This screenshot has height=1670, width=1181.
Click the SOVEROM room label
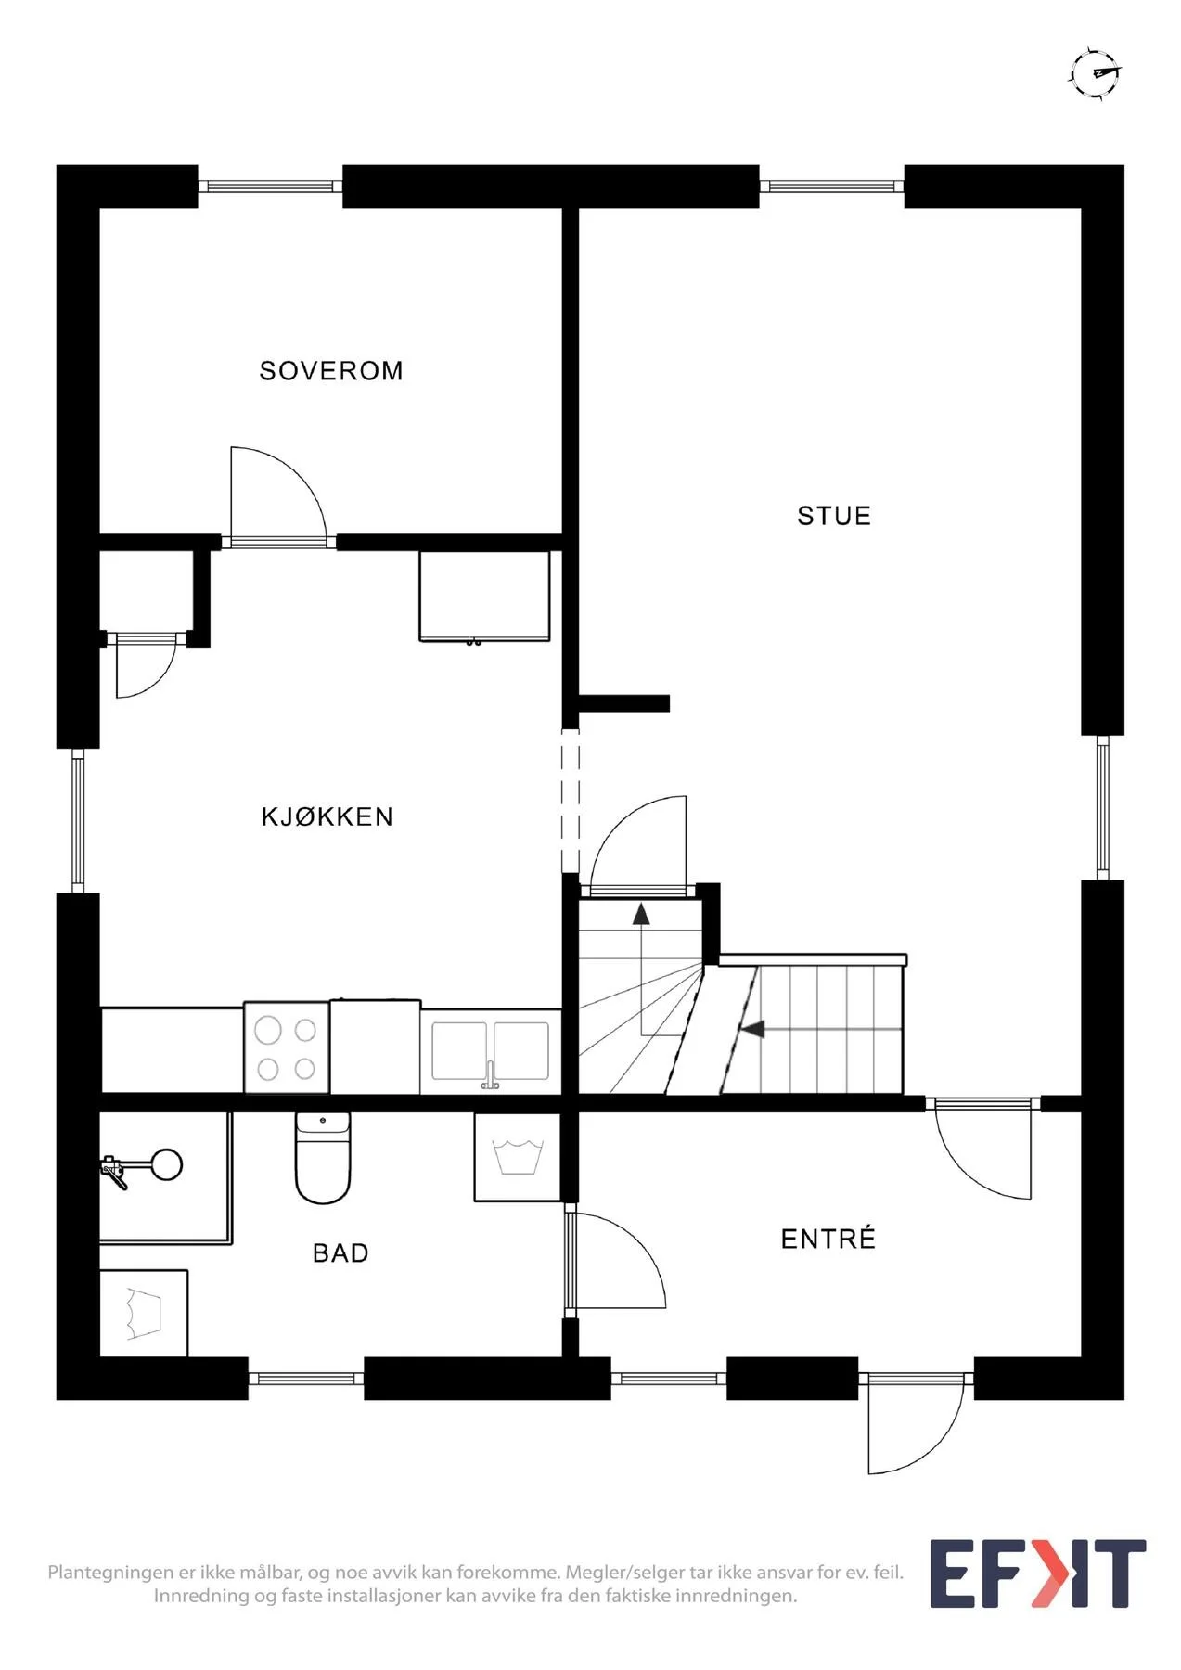[331, 371]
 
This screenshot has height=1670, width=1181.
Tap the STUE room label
[834, 516]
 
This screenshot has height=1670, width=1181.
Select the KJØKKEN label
[327, 816]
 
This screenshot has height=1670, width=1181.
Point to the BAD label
[340, 1253]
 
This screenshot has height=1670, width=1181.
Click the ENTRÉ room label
[828, 1239]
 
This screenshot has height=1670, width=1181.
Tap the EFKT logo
[1037, 1574]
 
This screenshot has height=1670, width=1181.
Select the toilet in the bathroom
[323, 1158]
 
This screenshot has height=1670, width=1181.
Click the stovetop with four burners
[287, 1047]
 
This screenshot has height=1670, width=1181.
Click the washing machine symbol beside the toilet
[517, 1157]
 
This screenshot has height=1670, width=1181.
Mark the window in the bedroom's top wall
[270, 186]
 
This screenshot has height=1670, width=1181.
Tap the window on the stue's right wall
[1102, 807]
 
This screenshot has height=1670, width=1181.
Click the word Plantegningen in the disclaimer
[110, 1574]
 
